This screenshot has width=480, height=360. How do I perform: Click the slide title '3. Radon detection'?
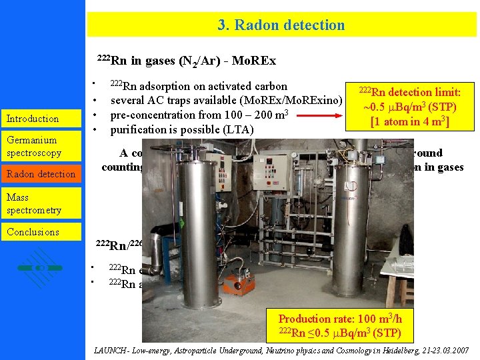281,25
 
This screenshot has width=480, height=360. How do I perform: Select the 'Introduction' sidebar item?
33,119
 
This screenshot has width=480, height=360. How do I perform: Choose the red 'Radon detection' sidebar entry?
41,174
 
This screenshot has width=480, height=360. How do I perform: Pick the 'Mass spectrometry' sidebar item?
34,203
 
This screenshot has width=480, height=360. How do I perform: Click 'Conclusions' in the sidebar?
33,232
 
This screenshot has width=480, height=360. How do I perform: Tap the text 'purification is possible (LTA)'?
181,129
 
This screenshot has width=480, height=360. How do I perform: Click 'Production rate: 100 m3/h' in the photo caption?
339,319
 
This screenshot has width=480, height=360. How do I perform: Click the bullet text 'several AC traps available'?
226,101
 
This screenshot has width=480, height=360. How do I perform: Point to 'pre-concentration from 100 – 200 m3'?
199,115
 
